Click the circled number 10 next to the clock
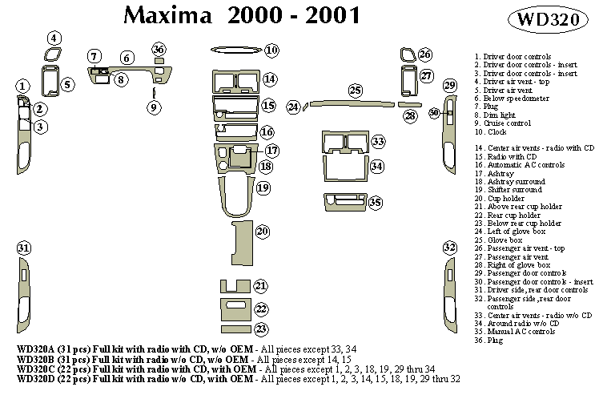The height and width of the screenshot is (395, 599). pyautogui.click(x=271, y=51)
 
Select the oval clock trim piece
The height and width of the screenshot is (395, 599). pyautogui.click(x=238, y=51)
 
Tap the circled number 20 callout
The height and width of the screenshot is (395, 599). pyautogui.click(x=262, y=232)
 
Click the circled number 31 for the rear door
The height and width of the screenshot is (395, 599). pyautogui.click(x=24, y=248)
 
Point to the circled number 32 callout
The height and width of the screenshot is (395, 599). pyautogui.click(x=449, y=248)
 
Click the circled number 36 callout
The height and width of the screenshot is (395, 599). pyautogui.click(x=159, y=50)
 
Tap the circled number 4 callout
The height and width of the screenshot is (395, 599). pyautogui.click(x=54, y=38)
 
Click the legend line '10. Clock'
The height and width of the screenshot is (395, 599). pyautogui.click(x=491, y=131)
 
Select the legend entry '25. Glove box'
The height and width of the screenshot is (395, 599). pyautogui.click(x=498, y=240)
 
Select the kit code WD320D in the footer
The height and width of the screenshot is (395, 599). pyautogui.click(x=37, y=377)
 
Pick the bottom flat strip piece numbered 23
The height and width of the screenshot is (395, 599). pyautogui.click(x=237, y=328)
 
